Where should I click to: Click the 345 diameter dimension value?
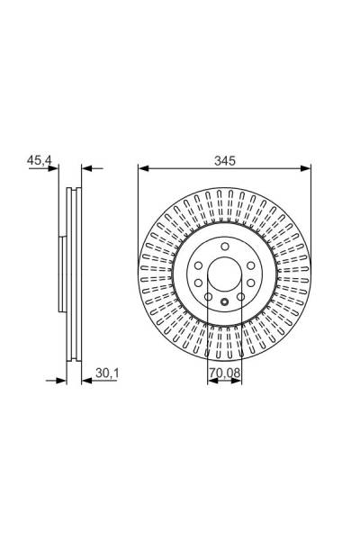point(224,161)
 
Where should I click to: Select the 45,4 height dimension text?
point(40,161)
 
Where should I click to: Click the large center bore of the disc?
point(224,272)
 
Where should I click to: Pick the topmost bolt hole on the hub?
point(224,246)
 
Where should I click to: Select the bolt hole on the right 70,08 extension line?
point(240,297)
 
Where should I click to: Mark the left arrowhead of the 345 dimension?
point(142,168)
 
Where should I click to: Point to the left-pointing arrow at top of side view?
point(86,168)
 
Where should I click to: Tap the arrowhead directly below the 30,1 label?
point(86,379)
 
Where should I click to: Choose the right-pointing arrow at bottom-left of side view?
point(62,379)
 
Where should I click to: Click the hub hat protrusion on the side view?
point(60,272)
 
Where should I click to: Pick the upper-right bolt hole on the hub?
point(249,263)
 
